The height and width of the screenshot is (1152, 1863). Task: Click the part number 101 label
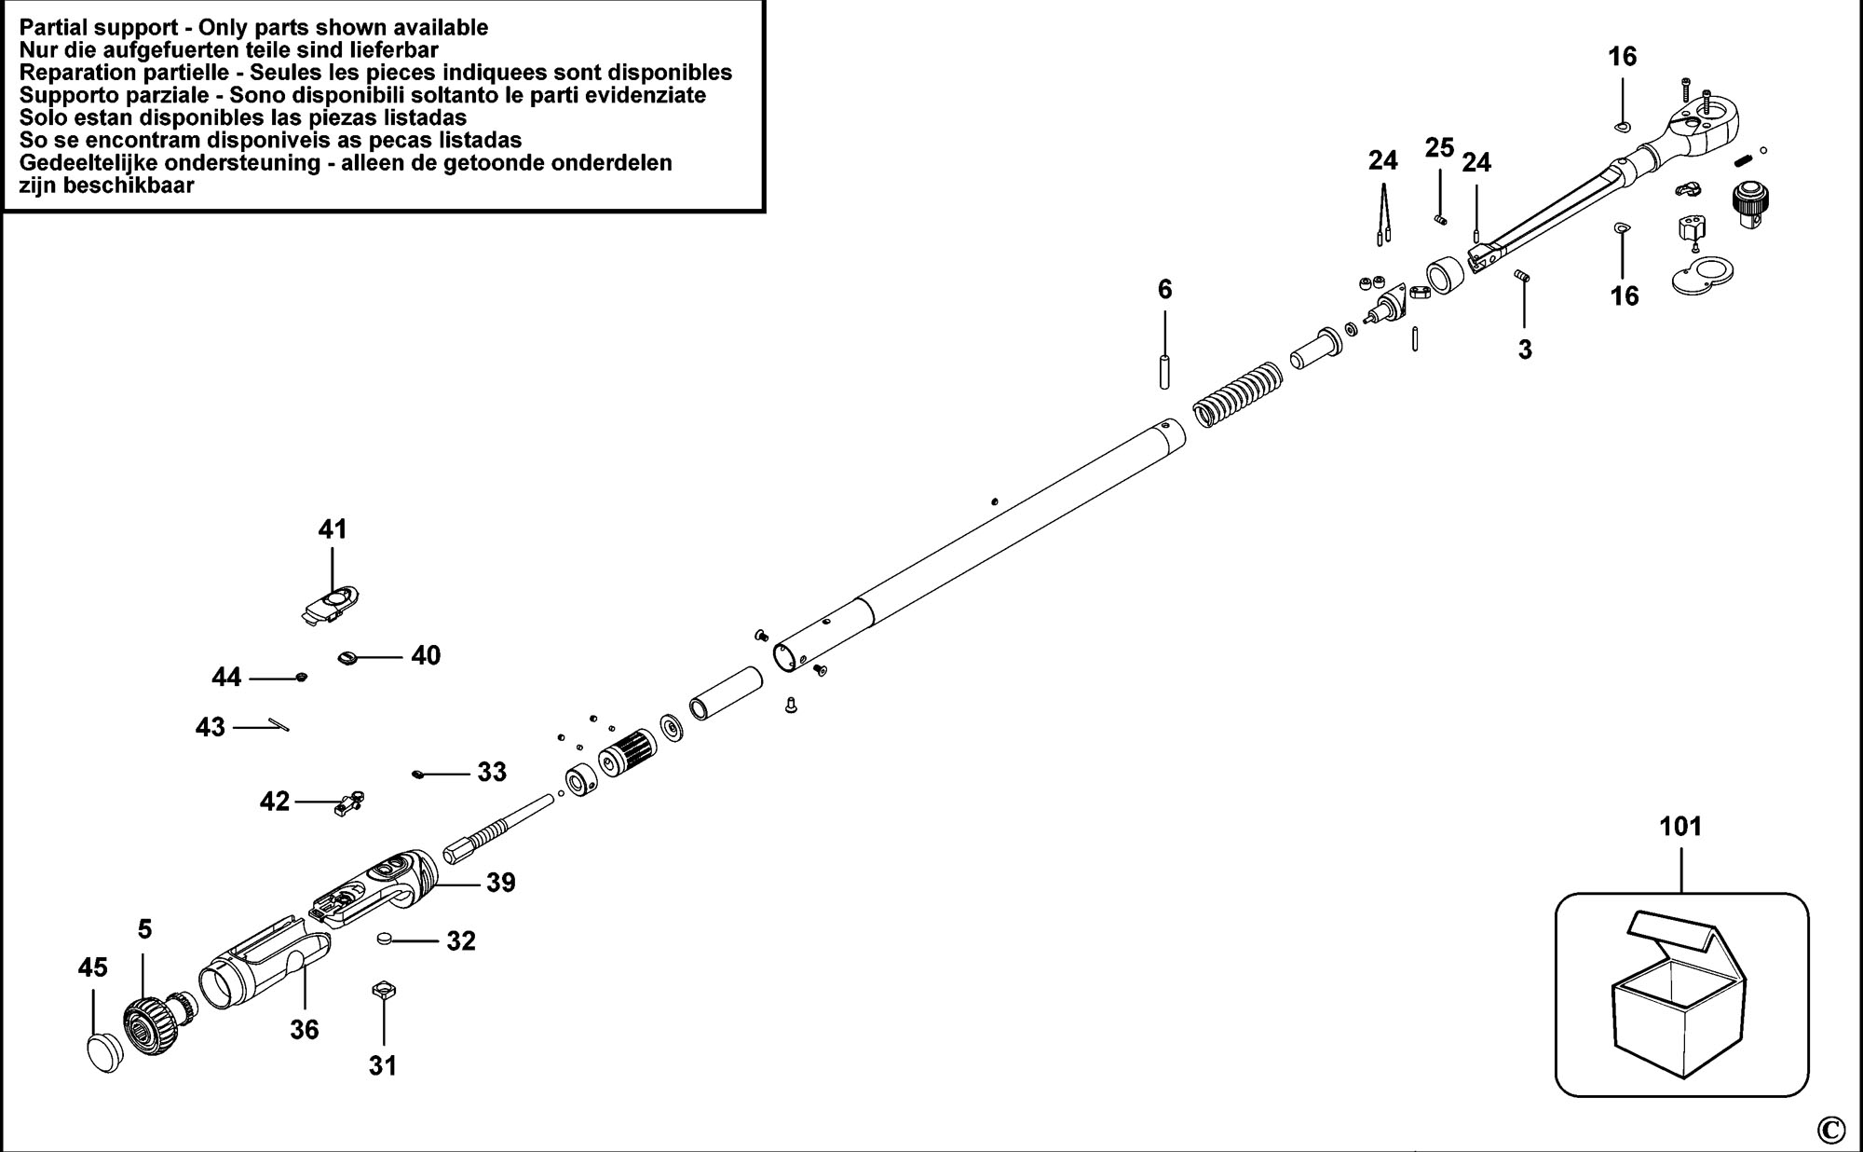[x=1680, y=827]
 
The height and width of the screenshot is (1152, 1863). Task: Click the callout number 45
[x=92, y=968]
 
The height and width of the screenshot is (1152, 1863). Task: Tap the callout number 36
[x=304, y=1030]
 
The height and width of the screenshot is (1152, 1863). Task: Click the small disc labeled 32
[x=385, y=938]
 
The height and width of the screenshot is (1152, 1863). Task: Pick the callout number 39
[x=500, y=883]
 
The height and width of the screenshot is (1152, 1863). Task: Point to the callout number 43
[x=211, y=727]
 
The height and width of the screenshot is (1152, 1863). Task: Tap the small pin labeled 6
[x=1164, y=373]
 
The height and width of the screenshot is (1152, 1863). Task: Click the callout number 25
[x=1439, y=147]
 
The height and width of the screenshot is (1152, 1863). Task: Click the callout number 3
[x=1525, y=350]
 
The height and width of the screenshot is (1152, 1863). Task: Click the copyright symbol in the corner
[x=1830, y=1130]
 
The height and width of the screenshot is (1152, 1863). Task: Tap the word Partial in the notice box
[x=53, y=28]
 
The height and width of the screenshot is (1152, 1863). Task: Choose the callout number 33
[x=492, y=772]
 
